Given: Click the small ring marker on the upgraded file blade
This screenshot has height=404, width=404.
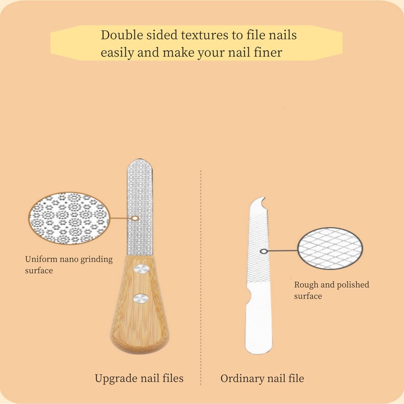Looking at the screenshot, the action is click(x=135, y=219).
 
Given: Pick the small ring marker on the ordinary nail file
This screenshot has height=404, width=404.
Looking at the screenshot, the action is click(x=263, y=251).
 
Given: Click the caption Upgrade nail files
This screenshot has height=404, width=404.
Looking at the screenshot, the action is click(x=139, y=378).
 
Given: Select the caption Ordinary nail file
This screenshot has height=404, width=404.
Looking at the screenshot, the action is click(x=262, y=378).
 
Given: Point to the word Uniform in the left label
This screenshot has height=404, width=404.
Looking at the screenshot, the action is click(x=39, y=260).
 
